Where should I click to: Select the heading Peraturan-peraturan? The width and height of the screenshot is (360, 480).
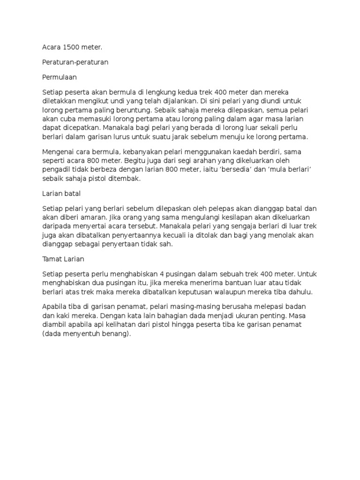click(75, 62)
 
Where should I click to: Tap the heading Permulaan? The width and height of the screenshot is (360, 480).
click(59, 76)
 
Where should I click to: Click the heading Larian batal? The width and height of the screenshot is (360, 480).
click(62, 194)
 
